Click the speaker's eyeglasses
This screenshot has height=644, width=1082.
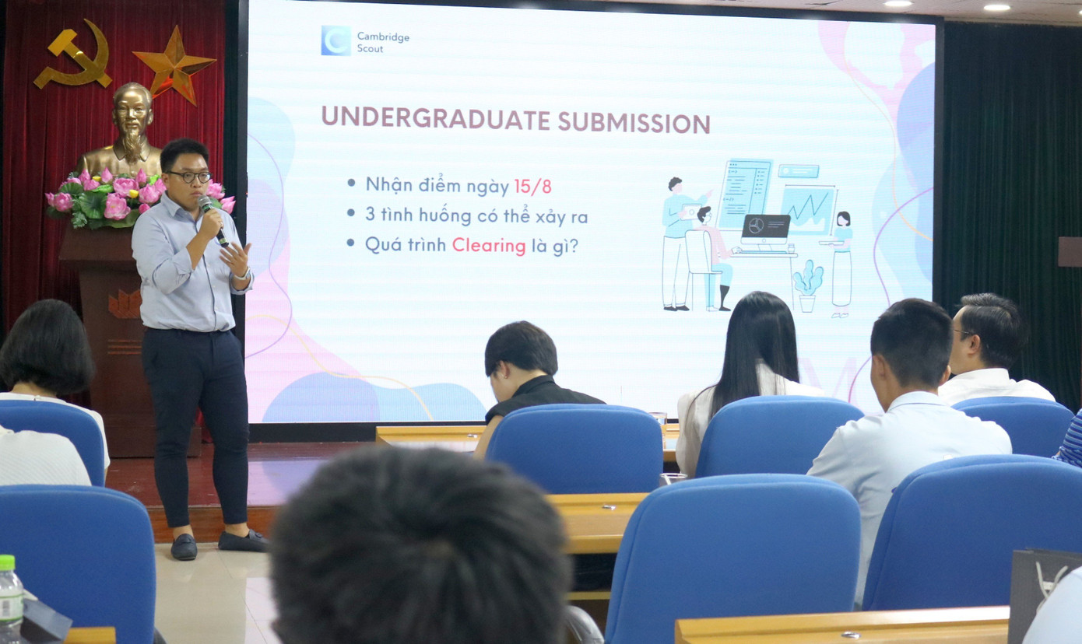[188, 177]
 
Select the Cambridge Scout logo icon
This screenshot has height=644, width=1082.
[335, 40]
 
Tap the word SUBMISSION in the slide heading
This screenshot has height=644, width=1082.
[634, 122]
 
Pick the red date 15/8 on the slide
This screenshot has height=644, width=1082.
[533, 186]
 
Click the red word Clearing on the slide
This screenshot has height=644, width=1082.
[489, 245]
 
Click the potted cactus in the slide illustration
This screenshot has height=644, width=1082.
[808, 285]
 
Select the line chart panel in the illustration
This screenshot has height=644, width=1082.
[808, 208]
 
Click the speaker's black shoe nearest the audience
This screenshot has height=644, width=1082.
[184, 546]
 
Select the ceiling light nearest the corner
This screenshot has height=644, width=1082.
[996, 7]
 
